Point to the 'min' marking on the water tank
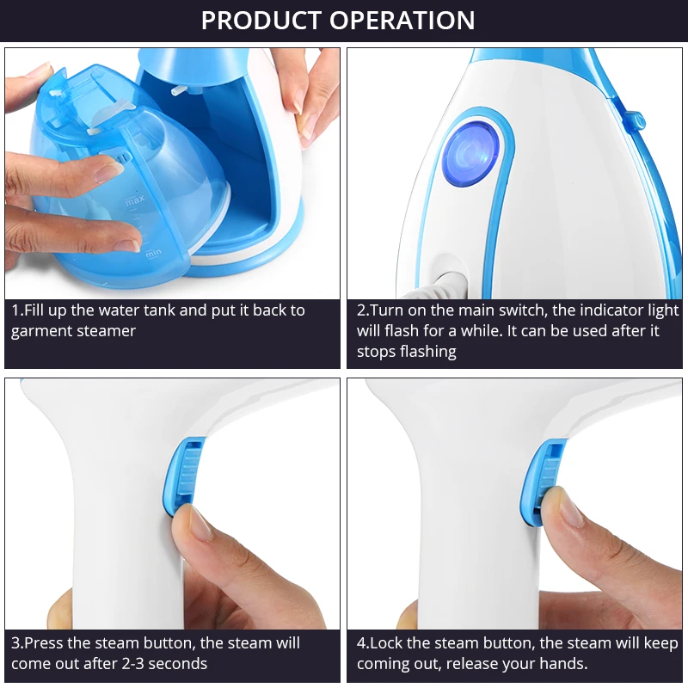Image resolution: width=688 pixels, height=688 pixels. coord(153,253)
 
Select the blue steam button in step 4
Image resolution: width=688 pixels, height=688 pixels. coord(544,480)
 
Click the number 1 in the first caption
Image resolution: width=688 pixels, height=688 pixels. coord(15,310)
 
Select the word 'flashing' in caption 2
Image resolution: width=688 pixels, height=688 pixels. coord(428,352)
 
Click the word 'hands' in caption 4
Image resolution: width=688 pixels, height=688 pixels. coord(563,664)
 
